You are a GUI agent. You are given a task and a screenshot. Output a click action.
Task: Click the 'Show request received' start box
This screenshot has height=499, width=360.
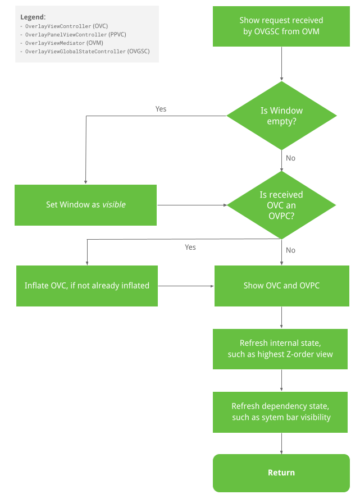click(x=281, y=26)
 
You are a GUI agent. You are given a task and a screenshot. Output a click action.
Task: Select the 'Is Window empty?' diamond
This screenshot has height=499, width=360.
click(x=281, y=116)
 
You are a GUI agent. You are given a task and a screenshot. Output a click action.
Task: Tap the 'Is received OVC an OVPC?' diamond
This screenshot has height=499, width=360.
click(x=281, y=205)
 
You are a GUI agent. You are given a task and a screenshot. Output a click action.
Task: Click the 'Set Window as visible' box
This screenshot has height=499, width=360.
click(x=85, y=205)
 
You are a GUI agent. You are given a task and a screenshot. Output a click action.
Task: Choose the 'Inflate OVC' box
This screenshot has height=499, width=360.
click(x=87, y=286)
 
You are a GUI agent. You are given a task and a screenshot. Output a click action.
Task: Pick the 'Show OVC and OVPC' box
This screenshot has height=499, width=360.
click(x=281, y=286)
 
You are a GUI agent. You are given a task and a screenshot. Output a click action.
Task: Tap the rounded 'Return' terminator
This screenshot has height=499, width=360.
click(x=281, y=473)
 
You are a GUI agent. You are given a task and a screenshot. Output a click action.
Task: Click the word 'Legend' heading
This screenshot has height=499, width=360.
click(x=33, y=17)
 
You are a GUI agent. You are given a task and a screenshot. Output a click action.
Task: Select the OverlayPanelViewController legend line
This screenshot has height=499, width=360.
click(x=72, y=35)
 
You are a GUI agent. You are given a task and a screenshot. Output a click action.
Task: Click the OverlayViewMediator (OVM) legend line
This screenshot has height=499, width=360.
click(x=61, y=43)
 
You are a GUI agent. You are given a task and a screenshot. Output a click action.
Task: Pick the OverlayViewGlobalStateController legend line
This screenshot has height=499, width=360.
click(x=84, y=51)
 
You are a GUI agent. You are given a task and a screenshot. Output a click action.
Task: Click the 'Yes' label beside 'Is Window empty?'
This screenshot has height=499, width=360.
click(x=161, y=109)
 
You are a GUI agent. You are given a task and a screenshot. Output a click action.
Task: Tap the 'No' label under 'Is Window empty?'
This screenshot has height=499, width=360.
click(x=290, y=158)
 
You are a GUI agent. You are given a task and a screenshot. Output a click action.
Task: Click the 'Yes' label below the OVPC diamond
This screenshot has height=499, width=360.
click(x=190, y=247)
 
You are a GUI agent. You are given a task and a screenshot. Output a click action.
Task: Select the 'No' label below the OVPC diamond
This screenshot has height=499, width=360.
click(x=290, y=250)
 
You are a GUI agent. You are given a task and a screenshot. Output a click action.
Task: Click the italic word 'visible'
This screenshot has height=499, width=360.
click(x=114, y=205)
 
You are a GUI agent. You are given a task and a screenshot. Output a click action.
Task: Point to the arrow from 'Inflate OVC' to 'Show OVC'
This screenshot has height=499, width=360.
click(x=186, y=286)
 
